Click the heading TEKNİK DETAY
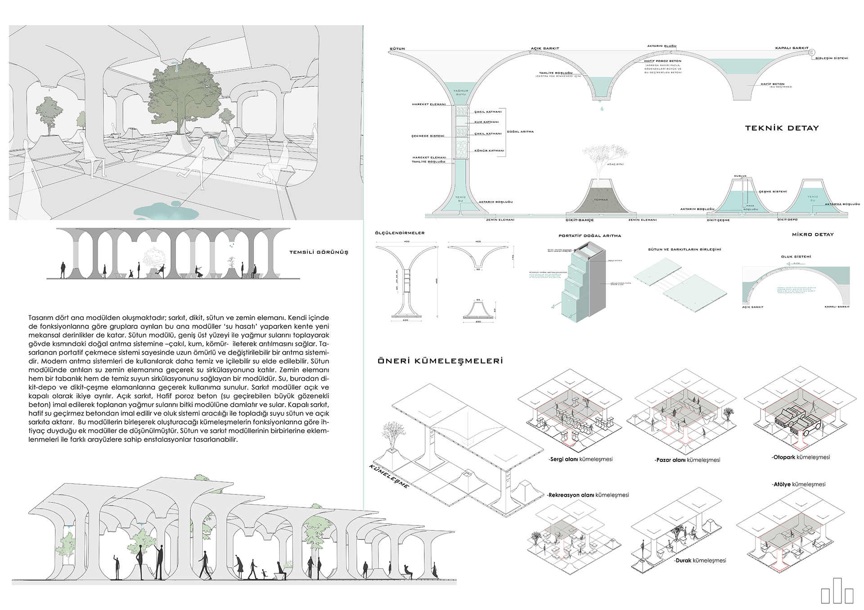click(x=782, y=128)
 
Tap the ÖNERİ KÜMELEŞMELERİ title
click(x=440, y=361)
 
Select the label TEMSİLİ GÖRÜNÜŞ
click(x=319, y=252)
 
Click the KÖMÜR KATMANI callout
click(x=489, y=151)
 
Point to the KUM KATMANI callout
click(x=486, y=122)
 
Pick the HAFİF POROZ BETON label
click(x=662, y=61)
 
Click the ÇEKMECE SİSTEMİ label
click(x=427, y=136)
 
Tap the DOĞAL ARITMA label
click(x=520, y=132)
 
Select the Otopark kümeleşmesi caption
click(x=801, y=457)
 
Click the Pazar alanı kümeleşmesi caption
click(x=687, y=460)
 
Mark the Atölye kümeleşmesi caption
click(x=798, y=484)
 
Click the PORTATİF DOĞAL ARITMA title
click(x=589, y=236)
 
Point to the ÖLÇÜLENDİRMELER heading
click(x=400, y=233)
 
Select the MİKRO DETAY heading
click(x=813, y=234)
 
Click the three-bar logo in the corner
click(x=837, y=591)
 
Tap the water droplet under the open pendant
click(x=601, y=108)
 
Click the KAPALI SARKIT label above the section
click(x=792, y=48)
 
